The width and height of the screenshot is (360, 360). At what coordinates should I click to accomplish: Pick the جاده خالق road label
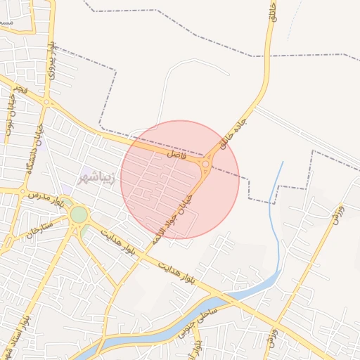point(233,134)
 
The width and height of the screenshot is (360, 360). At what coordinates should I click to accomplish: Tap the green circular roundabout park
point(79,214)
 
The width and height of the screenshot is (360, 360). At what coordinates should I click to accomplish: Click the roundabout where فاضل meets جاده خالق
point(205,165)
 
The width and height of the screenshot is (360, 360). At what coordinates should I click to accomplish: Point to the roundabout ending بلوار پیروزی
point(46,103)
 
